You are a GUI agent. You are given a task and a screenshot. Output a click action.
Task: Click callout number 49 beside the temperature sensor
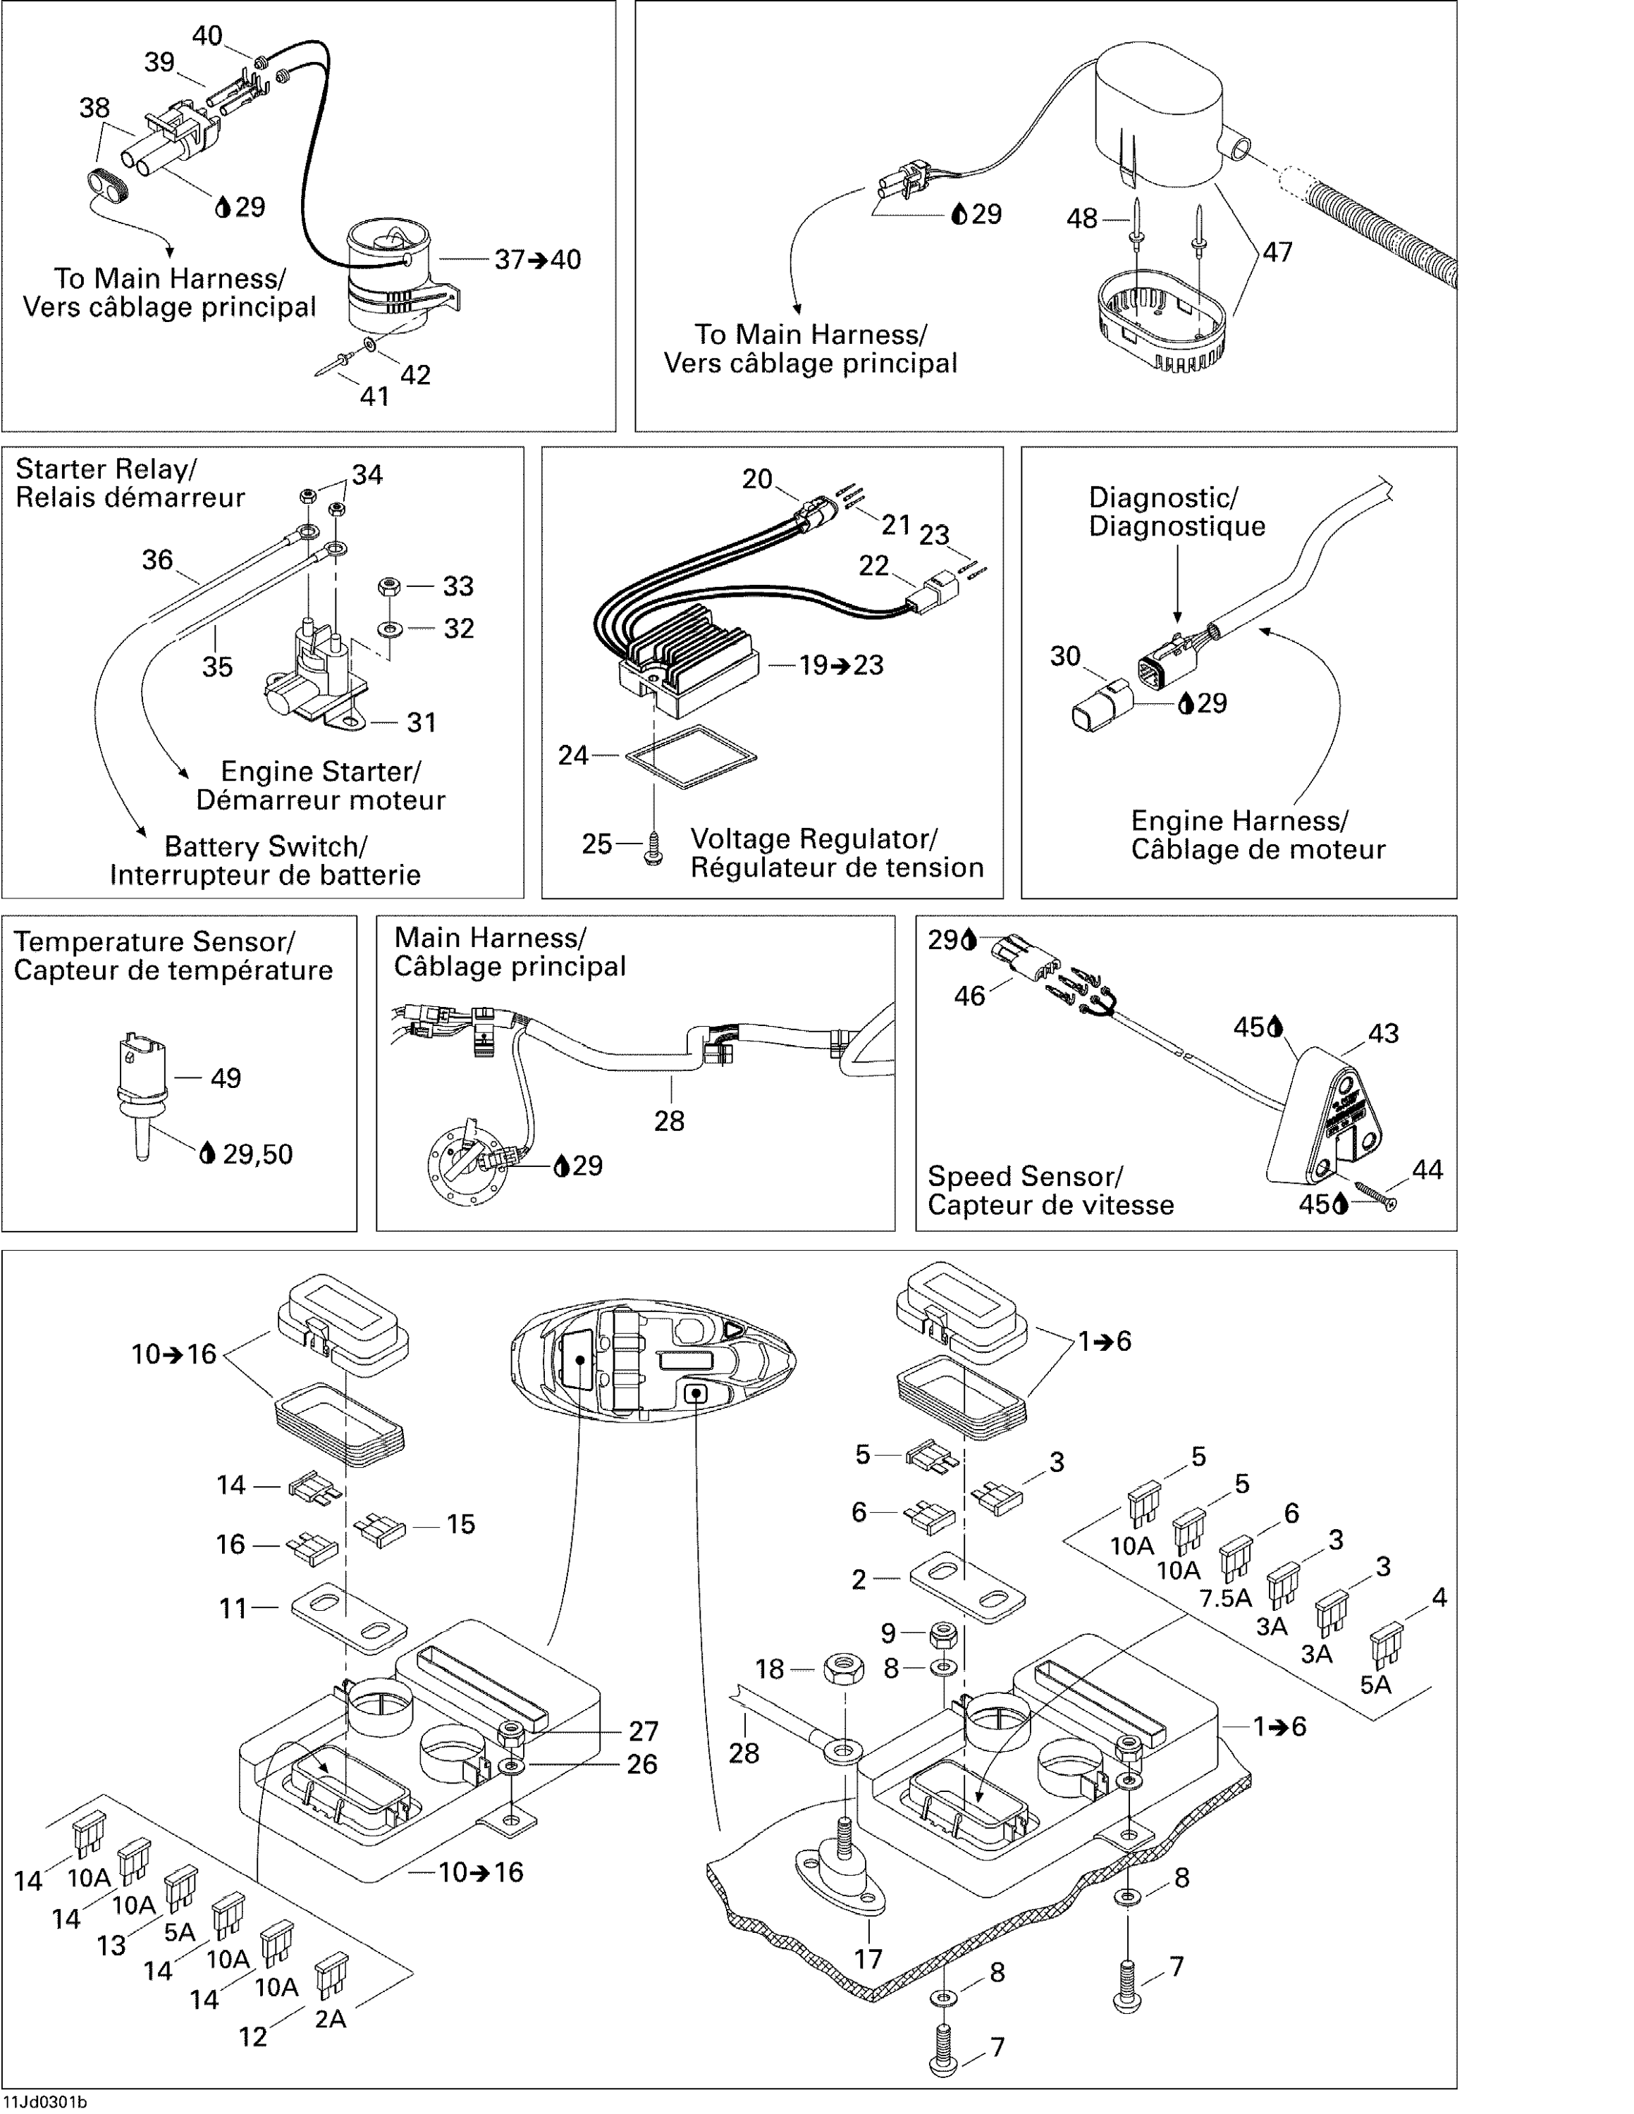(x=226, y=1078)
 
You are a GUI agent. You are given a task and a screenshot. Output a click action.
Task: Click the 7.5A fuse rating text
(x=1225, y=1598)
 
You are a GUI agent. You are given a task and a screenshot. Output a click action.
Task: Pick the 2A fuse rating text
(x=330, y=2019)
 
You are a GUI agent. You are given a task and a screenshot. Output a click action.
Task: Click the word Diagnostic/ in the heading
(x=1162, y=497)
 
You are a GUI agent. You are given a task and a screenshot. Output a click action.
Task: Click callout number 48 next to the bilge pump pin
(x=1081, y=218)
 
